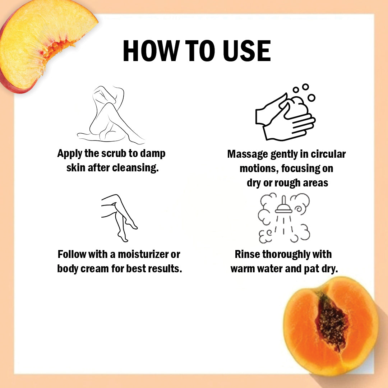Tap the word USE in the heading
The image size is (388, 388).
click(x=247, y=51)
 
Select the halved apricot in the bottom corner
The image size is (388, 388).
click(x=331, y=325)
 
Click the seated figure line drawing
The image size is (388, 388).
click(x=111, y=115)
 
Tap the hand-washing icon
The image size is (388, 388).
click(x=285, y=112)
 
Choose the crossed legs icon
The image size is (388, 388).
click(x=119, y=218)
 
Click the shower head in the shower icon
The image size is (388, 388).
click(x=283, y=206)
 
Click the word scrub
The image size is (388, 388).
click(x=114, y=153)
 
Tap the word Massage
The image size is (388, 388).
click(x=248, y=154)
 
